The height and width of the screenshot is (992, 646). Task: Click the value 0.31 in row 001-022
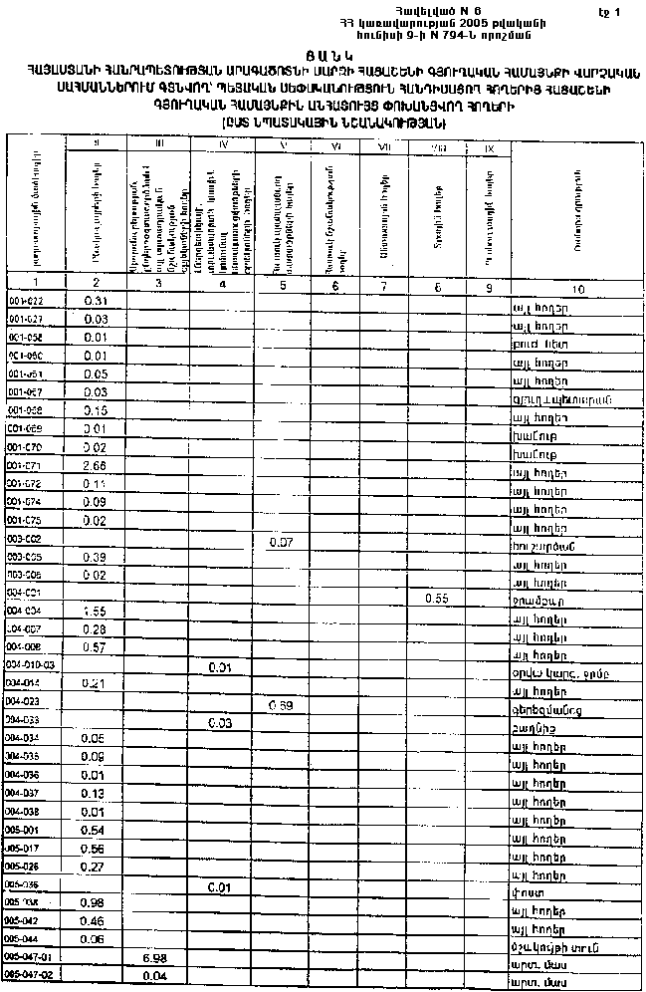coord(96,300)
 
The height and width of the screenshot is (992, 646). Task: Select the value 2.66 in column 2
coord(96,465)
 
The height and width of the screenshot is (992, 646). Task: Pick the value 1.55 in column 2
coord(96,610)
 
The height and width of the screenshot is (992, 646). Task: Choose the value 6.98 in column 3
coord(155,956)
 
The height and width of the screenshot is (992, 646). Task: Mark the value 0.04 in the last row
coord(155,976)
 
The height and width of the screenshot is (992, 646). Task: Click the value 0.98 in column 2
coord(96,902)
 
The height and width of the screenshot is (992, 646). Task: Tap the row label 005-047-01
coord(31,956)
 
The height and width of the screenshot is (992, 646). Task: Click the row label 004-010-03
coord(31,664)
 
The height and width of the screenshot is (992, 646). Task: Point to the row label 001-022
coord(25,301)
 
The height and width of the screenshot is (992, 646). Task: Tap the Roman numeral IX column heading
coord(490,148)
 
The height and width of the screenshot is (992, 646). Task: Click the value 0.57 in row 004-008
coord(96,645)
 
